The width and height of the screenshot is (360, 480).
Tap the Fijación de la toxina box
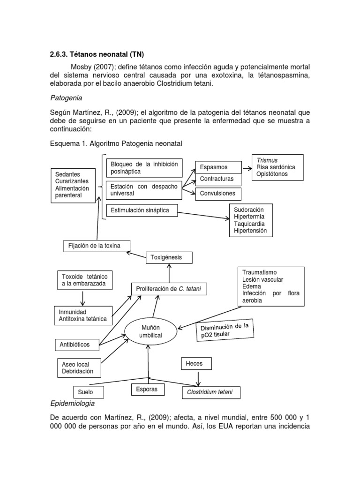tap(96, 246)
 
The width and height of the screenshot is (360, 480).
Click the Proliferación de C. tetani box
tap(169, 289)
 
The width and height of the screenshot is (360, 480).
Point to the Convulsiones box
tap(218, 193)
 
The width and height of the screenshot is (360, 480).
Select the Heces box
tap(196, 363)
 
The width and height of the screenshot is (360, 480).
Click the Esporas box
tap(147, 389)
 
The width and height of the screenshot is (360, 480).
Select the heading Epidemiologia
tap(72, 403)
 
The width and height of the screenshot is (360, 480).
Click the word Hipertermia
tap(249, 217)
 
